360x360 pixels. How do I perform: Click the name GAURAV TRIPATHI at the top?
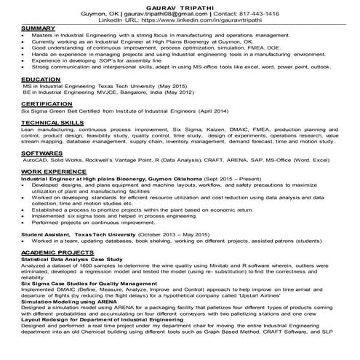pos(180,4)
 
